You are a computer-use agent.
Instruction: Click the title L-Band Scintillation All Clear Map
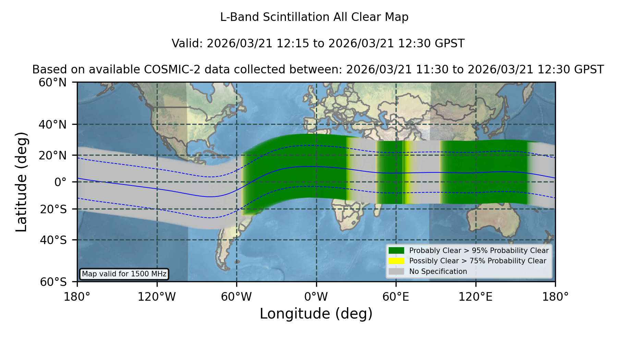(x=314, y=17)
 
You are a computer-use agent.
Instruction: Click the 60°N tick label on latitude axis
(x=52, y=83)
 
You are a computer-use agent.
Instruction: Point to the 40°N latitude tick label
(x=52, y=124)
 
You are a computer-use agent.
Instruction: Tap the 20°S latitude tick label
(x=53, y=209)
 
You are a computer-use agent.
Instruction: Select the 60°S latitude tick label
(x=53, y=282)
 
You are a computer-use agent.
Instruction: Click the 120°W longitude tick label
(x=157, y=297)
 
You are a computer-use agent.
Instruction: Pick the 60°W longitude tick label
(x=237, y=297)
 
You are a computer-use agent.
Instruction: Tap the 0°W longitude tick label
(x=316, y=297)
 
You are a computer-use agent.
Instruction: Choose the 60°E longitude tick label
(x=396, y=297)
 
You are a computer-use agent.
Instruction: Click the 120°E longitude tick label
(x=475, y=297)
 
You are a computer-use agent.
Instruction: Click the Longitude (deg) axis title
(x=316, y=314)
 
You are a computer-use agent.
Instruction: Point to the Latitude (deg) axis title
(x=21, y=182)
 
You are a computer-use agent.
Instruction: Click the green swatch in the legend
(x=397, y=250)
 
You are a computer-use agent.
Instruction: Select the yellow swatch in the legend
(x=397, y=261)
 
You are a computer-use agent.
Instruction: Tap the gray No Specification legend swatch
(x=397, y=272)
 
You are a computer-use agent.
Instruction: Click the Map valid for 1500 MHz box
(x=124, y=274)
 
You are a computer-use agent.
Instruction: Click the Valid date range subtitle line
(x=318, y=44)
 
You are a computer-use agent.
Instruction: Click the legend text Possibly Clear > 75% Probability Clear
(x=477, y=261)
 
